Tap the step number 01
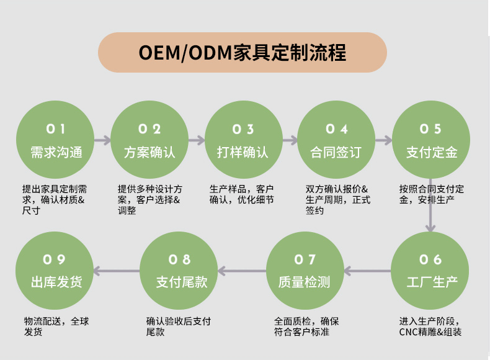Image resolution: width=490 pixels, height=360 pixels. pos(56,129)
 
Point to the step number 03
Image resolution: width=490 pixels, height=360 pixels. pos(243,129)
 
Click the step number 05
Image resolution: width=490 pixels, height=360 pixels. pos(430,129)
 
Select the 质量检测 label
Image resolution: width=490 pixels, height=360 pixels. pos(305,282)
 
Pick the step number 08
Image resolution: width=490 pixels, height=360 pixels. pos(180,259)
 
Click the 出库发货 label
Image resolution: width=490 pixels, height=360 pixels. pos(56,282)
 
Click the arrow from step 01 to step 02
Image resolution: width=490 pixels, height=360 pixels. pos(103,140)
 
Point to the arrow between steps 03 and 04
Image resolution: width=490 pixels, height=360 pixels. pos(290,140)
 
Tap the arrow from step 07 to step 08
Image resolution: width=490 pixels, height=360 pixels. pos(242,271)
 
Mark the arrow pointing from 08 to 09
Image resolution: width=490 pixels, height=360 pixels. pos(117,271)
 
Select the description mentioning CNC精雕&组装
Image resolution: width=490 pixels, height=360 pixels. pos(431,326)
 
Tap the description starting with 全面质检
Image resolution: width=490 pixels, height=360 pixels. pos(306,326)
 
